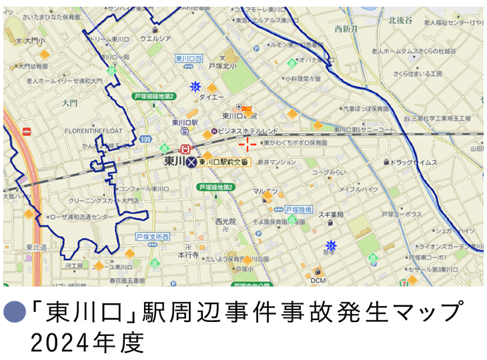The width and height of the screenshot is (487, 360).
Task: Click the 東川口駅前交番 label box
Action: click(x=223, y=162)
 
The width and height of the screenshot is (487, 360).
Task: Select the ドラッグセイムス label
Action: click(x=413, y=162)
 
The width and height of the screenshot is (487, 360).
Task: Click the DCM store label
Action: click(x=318, y=281)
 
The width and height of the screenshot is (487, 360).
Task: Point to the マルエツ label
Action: click(x=266, y=191)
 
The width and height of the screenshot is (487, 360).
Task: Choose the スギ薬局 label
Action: click(x=330, y=215)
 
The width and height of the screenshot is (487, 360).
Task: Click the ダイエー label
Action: click(x=211, y=97)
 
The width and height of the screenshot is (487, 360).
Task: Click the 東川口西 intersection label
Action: click(x=188, y=59)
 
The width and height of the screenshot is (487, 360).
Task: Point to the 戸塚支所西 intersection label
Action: click(x=153, y=237)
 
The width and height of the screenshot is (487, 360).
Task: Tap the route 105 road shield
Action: click(x=145, y=139)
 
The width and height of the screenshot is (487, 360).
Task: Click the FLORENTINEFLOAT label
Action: click(x=93, y=131)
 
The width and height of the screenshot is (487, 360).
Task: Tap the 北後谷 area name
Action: click(x=402, y=21)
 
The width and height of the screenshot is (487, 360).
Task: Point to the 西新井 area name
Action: click(x=347, y=29)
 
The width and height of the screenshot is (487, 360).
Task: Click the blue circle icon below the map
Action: click(x=14, y=311)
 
